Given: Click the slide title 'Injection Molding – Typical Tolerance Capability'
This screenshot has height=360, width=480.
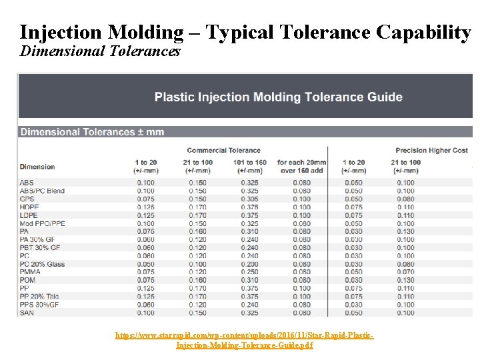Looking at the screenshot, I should click(x=245, y=31).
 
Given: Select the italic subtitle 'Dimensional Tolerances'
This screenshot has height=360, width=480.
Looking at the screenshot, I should click(x=100, y=51).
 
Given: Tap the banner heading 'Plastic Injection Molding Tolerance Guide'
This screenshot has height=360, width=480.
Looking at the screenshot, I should click(x=278, y=97).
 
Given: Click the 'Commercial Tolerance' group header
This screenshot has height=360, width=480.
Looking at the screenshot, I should click(x=223, y=150).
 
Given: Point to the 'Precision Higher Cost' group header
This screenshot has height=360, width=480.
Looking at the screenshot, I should click(x=431, y=150).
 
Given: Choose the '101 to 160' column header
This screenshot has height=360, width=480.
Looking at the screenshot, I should click(x=250, y=166).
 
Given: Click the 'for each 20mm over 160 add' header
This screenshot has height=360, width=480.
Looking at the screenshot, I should click(x=301, y=166).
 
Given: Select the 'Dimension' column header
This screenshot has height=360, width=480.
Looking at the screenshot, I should click(x=37, y=167).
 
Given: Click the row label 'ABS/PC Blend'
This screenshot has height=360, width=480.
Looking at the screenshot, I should click(x=42, y=191).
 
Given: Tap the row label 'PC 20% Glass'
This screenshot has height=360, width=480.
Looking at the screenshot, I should click(x=42, y=264).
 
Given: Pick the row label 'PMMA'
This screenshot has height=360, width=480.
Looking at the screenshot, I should click(x=30, y=272).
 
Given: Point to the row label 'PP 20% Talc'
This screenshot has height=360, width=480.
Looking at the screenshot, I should click(x=39, y=297).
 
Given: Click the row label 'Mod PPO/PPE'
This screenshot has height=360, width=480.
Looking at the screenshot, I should click(x=42, y=223).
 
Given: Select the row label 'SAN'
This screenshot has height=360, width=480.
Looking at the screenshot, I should click(x=27, y=313).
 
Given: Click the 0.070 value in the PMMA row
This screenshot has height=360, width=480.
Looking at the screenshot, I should click(x=405, y=272).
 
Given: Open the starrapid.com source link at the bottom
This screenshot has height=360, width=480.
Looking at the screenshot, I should click(x=244, y=340).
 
